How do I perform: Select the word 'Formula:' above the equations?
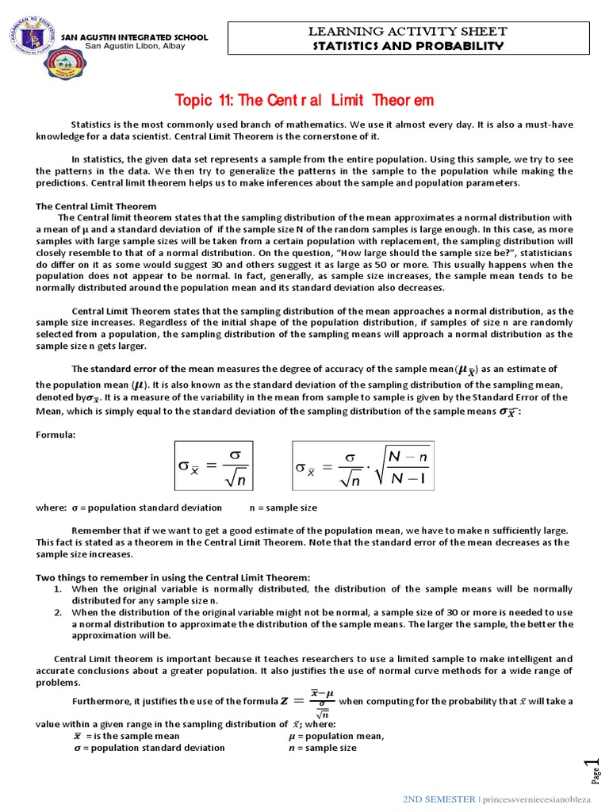click(x=56, y=435)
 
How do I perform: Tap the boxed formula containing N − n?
click(x=362, y=467)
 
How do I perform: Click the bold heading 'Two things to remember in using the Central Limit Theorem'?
click(x=173, y=577)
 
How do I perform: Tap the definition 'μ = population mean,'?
click(x=336, y=736)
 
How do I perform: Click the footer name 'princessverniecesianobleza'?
click(x=542, y=799)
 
